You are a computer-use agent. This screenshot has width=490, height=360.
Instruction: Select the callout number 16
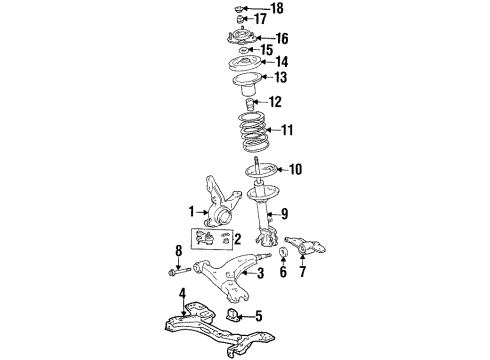point(282,38)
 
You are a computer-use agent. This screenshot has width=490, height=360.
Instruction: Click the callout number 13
point(280,77)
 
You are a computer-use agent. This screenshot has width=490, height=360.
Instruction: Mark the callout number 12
point(274,101)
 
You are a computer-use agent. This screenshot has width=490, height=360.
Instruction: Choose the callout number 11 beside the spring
point(289,130)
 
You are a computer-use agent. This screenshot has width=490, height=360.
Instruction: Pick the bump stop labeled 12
point(248,103)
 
